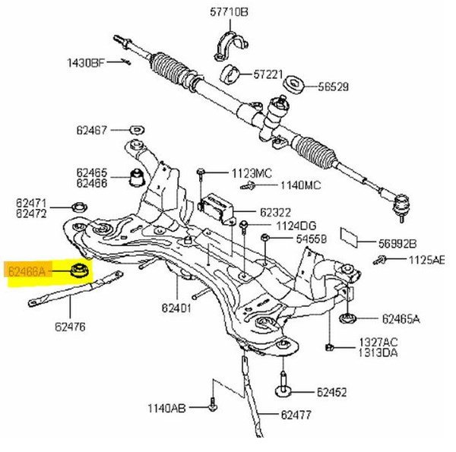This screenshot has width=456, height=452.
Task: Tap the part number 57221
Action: click(x=268, y=74)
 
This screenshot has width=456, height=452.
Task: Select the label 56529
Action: click(x=333, y=87)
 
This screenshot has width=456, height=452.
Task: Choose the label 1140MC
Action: click(x=280, y=185)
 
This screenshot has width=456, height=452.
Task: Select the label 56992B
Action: click(x=398, y=244)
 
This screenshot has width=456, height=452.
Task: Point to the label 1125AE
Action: click(x=426, y=260)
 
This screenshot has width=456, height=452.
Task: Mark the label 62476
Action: click(x=70, y=327)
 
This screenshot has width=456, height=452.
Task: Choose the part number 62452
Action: click(x=331, y=393)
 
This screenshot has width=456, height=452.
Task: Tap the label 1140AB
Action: click(x=166, y=409)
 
